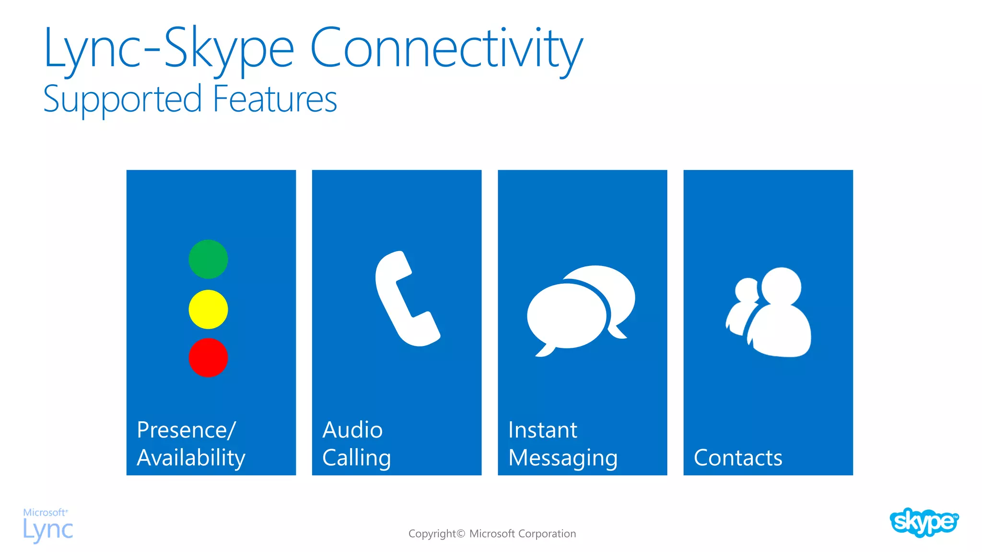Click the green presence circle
208,259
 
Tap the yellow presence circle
208,310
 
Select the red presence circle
208,358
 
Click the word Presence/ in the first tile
186,430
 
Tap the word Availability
191,458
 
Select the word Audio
352,430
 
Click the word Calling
356,458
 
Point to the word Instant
542,430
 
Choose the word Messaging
562,458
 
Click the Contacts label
737,458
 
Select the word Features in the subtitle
275,99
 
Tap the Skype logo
924,522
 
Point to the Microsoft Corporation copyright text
492,533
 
